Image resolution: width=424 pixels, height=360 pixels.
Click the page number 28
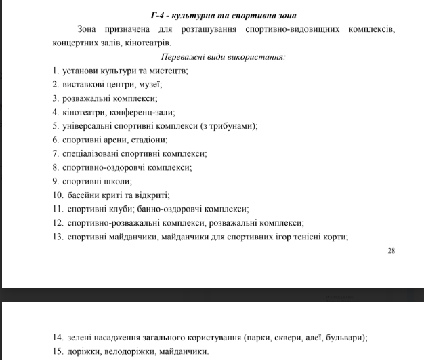(x=391, y=251)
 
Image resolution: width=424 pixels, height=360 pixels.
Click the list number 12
(x=57, y=223)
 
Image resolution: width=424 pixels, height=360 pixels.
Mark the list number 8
(x=55, y=167)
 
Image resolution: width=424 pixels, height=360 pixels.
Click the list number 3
(x=55, y=98)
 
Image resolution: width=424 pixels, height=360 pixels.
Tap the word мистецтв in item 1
(x=166, y=71)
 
